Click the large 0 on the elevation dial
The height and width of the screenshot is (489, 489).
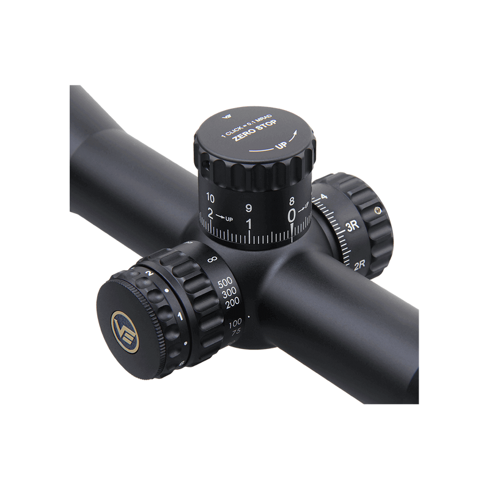click(292, 215)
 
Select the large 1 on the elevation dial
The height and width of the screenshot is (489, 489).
click(248, 224)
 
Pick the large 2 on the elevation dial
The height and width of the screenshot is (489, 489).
click(211, 215)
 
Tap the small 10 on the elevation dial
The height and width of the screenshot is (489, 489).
click(210, 197)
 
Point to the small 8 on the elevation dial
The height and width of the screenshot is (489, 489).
click(292, 200)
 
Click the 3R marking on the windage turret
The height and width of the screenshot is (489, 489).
click(351, 225)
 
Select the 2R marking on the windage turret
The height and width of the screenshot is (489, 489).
click(359, 266)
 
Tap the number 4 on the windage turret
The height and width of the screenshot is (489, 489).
click(323, 197)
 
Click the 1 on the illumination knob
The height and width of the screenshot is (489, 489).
click(180, 315)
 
